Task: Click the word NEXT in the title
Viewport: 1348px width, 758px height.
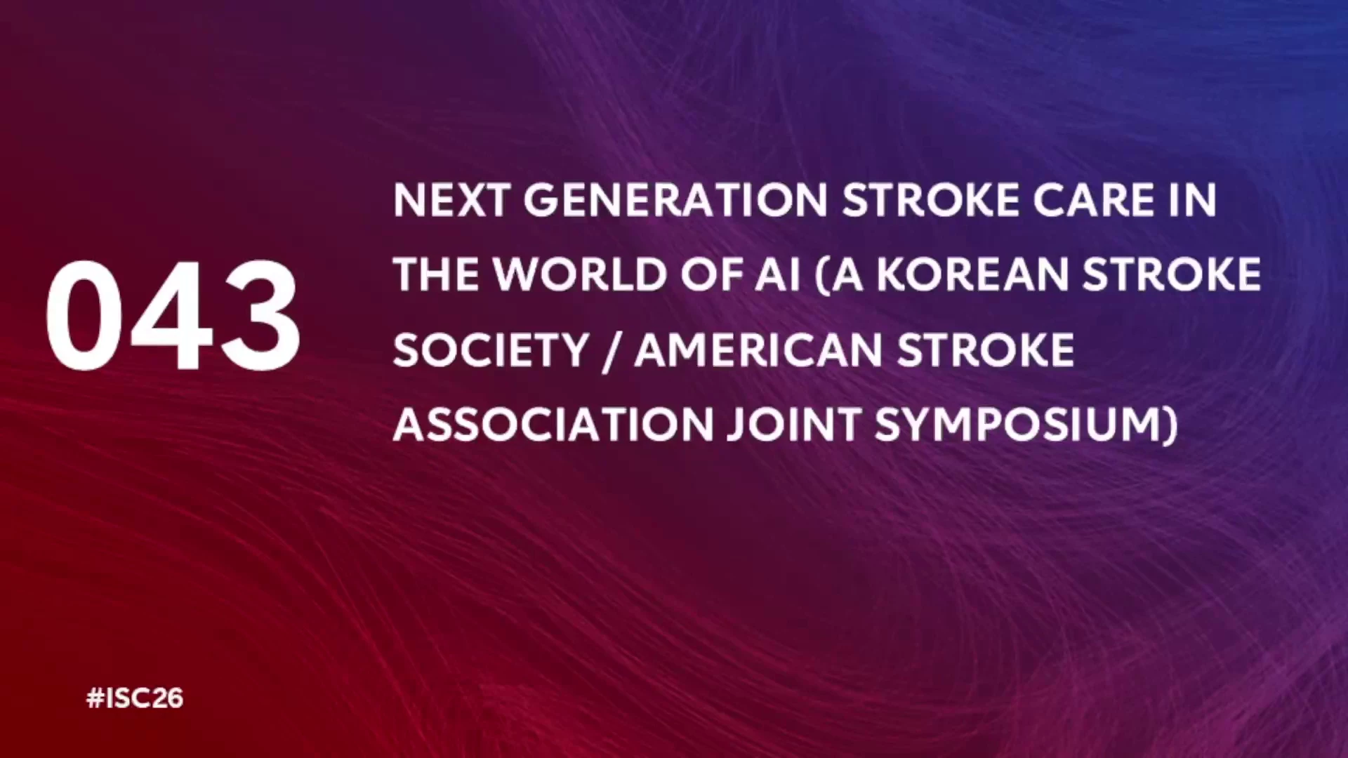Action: tap(451, 201)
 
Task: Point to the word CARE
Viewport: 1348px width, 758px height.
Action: tap(1094, 201)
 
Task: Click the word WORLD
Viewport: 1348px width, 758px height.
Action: tap(580, 274)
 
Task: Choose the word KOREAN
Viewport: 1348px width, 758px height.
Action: tap(973, 274)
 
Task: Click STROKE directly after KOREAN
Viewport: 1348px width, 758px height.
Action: tap(1172, 274)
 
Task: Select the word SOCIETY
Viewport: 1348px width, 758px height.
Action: tap(491, 350)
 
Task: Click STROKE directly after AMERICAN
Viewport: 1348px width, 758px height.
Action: tap(986, 350)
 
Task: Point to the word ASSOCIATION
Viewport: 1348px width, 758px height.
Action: tap(553, 425)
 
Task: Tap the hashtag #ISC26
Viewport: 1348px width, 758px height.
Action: tap(135, 698)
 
